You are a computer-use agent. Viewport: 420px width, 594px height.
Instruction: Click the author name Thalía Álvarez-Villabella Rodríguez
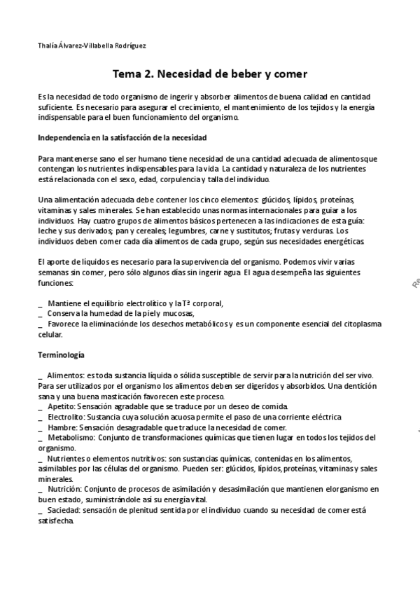[x=92, y=46]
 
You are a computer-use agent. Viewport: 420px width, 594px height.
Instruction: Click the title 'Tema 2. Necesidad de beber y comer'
[x=210, y=73]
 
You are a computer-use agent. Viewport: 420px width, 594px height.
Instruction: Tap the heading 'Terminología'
[x=62, y=356]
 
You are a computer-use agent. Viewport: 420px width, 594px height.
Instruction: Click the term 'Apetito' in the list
[x=62, y=406]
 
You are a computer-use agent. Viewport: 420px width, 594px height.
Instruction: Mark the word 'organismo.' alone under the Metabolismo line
[x=57, y=448]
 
